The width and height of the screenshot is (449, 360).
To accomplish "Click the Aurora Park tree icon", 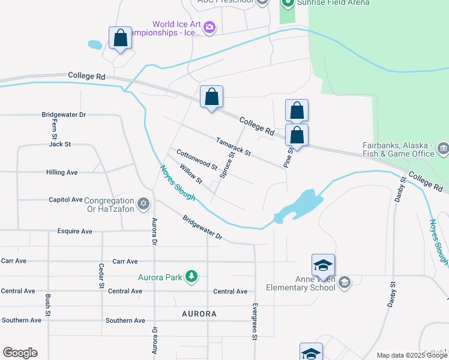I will pos(191,277).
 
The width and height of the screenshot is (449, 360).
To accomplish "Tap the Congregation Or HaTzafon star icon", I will pos(143,205).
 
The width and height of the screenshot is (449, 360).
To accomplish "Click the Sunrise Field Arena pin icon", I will pos(288,3).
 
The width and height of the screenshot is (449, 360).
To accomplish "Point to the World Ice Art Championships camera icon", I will pos(209,27).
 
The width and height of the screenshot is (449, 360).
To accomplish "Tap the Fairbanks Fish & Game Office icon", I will pos(443,148).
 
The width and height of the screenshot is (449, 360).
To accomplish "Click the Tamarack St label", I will pos(234,146).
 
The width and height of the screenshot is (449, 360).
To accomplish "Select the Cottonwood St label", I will pos(197,160).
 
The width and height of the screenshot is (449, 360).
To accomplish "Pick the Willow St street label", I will pos(191,175).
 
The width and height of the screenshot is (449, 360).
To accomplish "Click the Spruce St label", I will pos(227,164).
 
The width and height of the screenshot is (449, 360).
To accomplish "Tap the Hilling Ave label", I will pos(62,173).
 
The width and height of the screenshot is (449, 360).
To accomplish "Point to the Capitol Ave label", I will pos(65,199).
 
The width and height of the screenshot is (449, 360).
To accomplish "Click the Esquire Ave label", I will pos(74,231).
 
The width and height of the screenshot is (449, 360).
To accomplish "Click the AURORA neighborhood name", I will pos(199,314).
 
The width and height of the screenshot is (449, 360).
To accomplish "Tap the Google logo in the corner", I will pos(20,353).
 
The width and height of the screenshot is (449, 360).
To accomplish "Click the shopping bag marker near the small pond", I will pos(121,38).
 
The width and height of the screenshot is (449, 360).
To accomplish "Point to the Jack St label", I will pos(60,144).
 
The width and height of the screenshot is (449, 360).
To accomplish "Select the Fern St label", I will pos(54,129).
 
